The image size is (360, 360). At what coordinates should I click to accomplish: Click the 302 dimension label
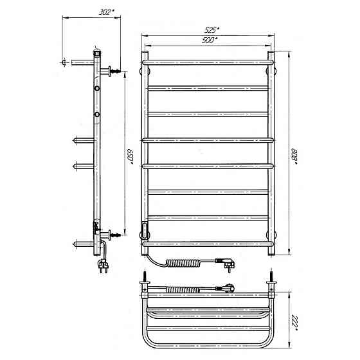(106, 12)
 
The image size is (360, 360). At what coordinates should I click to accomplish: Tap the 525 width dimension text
(212, 30)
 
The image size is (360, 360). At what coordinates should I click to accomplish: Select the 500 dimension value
(210, 40)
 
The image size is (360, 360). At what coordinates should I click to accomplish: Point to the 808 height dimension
(294, 157)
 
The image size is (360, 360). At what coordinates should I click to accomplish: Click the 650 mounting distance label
(130, 157)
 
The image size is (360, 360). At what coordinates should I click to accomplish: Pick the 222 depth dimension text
(294, 323)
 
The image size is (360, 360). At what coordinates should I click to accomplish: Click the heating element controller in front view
(145, 228)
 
